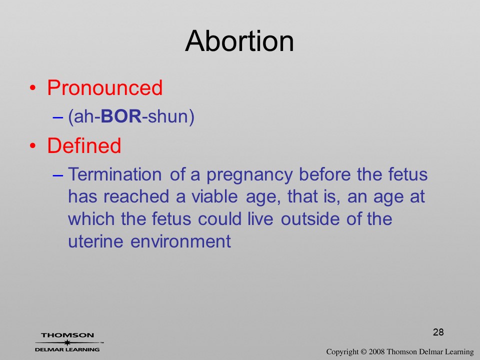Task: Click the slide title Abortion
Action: pyautogui.click(x=239, y=41)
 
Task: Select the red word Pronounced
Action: pyautogui.click(x=104, y=88)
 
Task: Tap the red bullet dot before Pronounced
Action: pyautogui.click(x=33, y=88)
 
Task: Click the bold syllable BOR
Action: pyautogui.click(x=121, y=116)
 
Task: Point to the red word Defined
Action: pyautogui.click(x=84, y=145)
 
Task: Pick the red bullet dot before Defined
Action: pyautogui.click(x=33, y=145)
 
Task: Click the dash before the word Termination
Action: pyautogui.click(x=58, y=175)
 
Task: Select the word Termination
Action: pyautogui.click(x=115, y=174)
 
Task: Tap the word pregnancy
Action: pyautogui.click(x=249, y=175)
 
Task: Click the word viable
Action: pyautogui.click(x=214, y=196)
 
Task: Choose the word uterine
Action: pyautogui.click(x=95, y=241)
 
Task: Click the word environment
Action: pyautogui.click(x=180, y=241)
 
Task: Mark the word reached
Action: pyautogui.click(x=136, y=196)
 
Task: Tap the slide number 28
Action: pyautogui.click(x=438, y=332)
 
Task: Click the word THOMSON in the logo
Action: pyautogui.click(x=67, y=335)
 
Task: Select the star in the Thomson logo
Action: pyautogui.click(x=67, y=342)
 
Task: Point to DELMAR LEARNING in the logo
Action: pyautogui.click(x=67, y=349)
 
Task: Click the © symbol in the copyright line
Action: pyautogui.click(x=363, y=352)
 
